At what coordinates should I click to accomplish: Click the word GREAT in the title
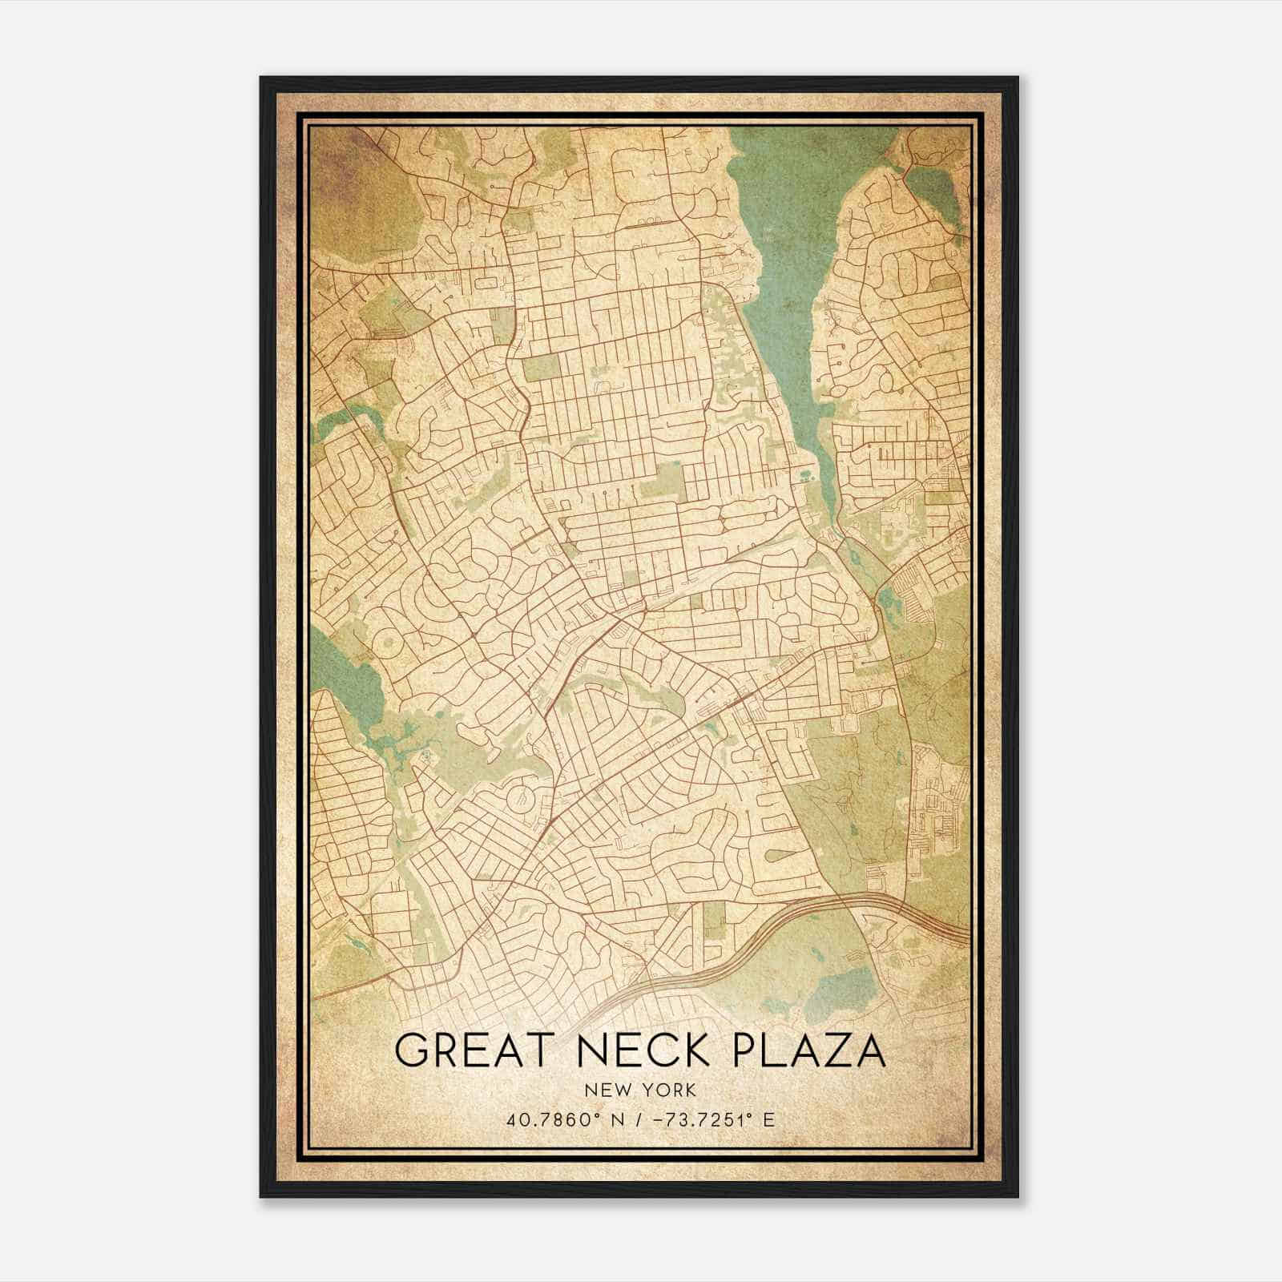(474, 1051)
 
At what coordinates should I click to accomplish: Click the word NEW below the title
(605, 1091)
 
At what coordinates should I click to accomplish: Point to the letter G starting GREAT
(412, 1051)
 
